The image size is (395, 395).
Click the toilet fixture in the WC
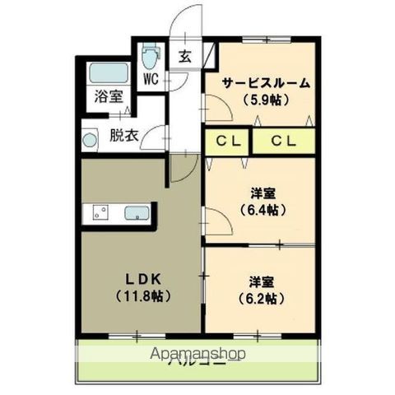(x=150, y=58)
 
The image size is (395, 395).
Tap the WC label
(x=151, y=80)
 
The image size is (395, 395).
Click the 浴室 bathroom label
(x=107, y=96)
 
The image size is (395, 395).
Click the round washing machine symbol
(x=90, y=139)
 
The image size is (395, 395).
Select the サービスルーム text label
(x=265, y=82)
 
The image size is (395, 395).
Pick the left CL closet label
(x=227, y=142)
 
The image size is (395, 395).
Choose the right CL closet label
(x=285, y=142)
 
